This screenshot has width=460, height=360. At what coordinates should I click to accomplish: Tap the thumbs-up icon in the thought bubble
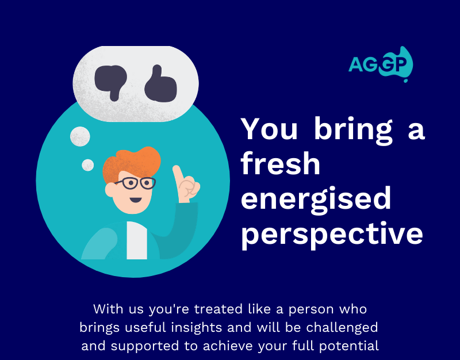pyautogui.click(x=160, y=85)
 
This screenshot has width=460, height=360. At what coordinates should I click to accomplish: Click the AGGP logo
pyautogui.click(x=381, y=64)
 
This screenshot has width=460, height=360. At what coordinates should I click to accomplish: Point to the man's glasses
pyautogui.click(x=136, y=183)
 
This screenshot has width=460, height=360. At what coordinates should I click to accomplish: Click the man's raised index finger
pyautogui.click(x=178, y=176)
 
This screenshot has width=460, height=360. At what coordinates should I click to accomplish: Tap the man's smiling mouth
pyautogui.click(x=136, y=200)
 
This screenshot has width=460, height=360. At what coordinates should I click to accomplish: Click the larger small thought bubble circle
pyautogui.click(x=80, y=136)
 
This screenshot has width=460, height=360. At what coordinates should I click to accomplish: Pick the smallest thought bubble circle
pyautogui.click(x=88, y=165)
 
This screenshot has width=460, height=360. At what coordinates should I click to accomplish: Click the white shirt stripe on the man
pyautogui.click(x=137, y=240)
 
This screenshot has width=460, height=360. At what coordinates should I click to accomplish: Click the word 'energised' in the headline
pyautogui.click(x=316, y=198)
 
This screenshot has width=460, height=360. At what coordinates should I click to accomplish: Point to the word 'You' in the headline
pyautogui.click(x=269, y=128)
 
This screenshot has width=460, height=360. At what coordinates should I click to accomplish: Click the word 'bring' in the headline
pyautogui.click(x=353, y=131)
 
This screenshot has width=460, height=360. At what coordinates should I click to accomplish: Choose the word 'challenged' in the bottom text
pyautogui.click(x=342, y=328)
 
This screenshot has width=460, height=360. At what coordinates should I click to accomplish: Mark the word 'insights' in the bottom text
pyautogui.click(x=196, y=328)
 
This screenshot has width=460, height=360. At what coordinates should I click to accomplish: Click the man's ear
pyautogui.click(x=110, y=190)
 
